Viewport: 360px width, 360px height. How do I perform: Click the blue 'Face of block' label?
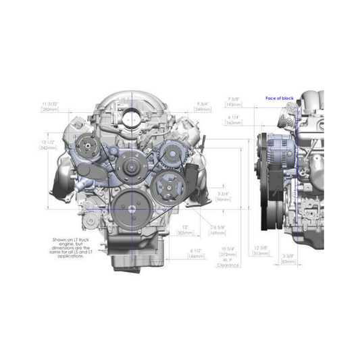pos(280,99)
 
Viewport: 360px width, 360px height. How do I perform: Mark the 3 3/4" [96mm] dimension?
pos(225,196)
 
